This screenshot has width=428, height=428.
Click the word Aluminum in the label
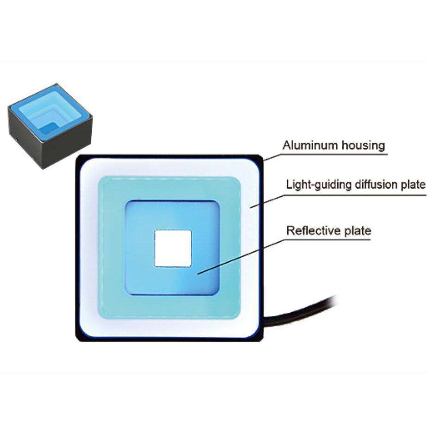pyautogui.click(x=310, y=145)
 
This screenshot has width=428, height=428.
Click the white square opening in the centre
pyautogui.click(x=173, y=248)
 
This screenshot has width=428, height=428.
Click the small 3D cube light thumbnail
pyautogui.click(x=50, y=126)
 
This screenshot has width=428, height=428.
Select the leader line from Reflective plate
pyautogui.click(x=241, y=257)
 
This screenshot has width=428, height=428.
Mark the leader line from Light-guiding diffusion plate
pyautogui.click(x=267, y=201)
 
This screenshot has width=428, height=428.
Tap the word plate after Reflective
pyautogui.click(x=358, y=231)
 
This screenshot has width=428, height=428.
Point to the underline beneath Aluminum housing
pyautogui.click(x=334, y=154)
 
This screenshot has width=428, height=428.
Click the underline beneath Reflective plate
pyautogui.click(x=327, y=239)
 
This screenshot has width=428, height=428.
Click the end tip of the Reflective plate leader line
pyautogui.click(x=198, y=273)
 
